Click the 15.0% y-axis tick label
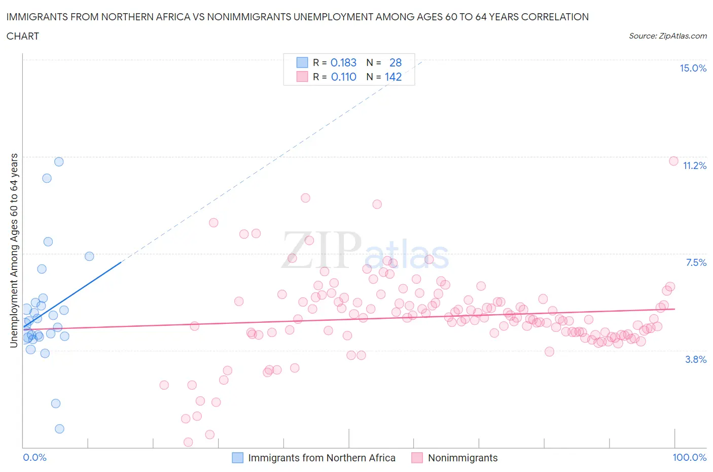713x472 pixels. (x=693, y=69)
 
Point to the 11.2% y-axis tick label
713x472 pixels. (x=694, y=166)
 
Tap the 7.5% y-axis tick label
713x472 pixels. (x=696, y=263)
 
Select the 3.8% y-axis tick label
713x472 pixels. (x=696, y=360)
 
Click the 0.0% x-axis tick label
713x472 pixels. (x=34, y=458)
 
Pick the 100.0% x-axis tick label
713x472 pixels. (x=689, y=458)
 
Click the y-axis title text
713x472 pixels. (x=14, y=250)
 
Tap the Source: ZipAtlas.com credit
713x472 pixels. (x=667, y=36)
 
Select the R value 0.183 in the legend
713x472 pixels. (x=343, y=62)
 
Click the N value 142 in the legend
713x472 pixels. (x=393, y=77)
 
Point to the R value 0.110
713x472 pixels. (x=343, y=77)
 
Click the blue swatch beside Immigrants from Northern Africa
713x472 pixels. (x=237, y=458)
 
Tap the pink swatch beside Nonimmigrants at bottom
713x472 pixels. (x=417, y=458)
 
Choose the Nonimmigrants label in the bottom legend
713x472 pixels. (x=462, y=458)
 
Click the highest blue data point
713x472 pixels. (x=59, y=162)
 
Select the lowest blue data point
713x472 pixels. (x=59, y=429)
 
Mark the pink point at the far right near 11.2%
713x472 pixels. (x=673, y=161)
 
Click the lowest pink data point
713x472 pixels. (x=188, y=442)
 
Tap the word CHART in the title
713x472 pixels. (x=23, y=36)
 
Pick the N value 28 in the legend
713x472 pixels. (x=395, y=62)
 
